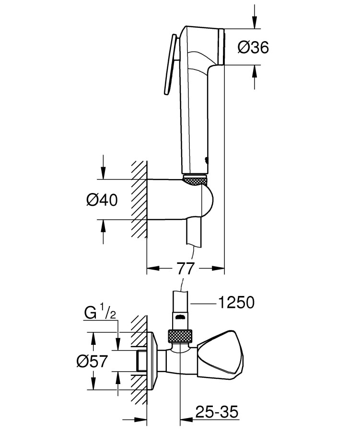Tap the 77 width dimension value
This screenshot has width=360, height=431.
click(x=185, y=269)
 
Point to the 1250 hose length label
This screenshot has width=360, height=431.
click(x=234, y=303)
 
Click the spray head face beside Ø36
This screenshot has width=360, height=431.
click(x=222, y=46)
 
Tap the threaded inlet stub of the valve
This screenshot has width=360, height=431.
click(x=142, y=360)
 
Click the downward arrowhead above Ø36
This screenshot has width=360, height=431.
click(x=253, y=23)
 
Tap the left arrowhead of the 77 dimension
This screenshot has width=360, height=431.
click(x=150, y=269)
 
